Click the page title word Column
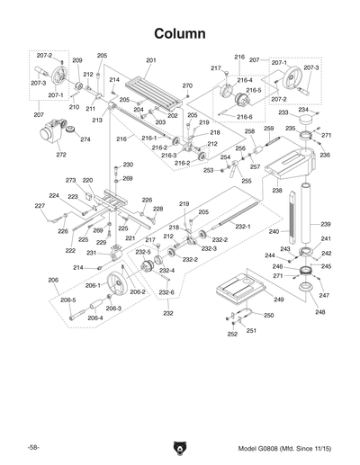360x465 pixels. pyautogui.click(x=181, y=33)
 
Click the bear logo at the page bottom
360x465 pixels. pyautogui.click(x=180, y=446)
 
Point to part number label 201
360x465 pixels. pyautogui.click(x=150, y=60)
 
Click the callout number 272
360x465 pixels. pyautogui.click(x=61, y=155)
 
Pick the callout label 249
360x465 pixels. pyautogui.click(x=279, y=300)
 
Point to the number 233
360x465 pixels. pyautogui.click(x=283, y=113)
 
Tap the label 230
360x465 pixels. pyautogui.click(x=128, y=165)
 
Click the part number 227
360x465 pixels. pyautogui.click(x=40, y=206)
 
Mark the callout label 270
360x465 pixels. pyautogui.click(x=187, y=85)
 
